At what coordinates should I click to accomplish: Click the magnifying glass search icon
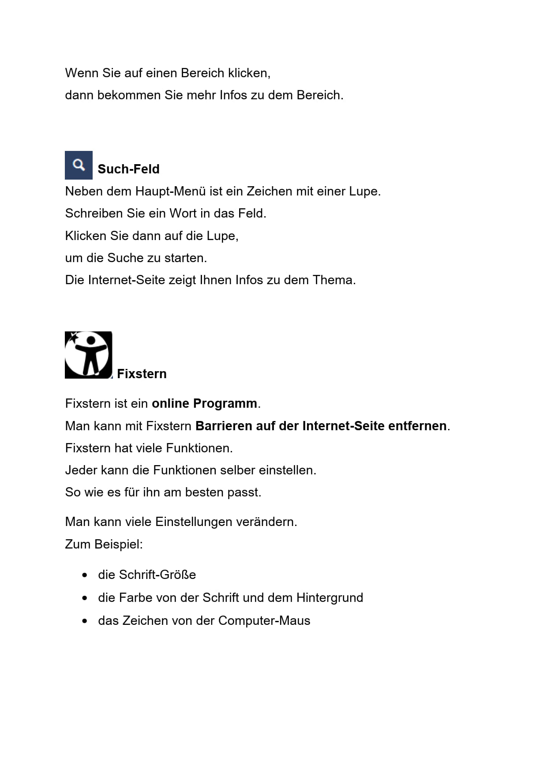(x=79, y=165)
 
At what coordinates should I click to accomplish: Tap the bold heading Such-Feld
(x=128, y=169)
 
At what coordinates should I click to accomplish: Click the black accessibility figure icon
(x=88, y=355)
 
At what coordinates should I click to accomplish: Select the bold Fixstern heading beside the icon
(x=142, y=374)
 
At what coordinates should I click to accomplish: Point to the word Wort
(x=183, y=214)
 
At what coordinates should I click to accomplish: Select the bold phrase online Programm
(x=204, y=403)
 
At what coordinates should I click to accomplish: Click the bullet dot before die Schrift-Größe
(x=85, y=575)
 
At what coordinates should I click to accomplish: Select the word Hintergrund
(x=330, y=598)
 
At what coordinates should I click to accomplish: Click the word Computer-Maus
(x=264, y=621)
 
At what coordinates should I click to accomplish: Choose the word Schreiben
(x=94, y=214)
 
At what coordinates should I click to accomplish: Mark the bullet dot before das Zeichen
(x=85, y=621)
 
